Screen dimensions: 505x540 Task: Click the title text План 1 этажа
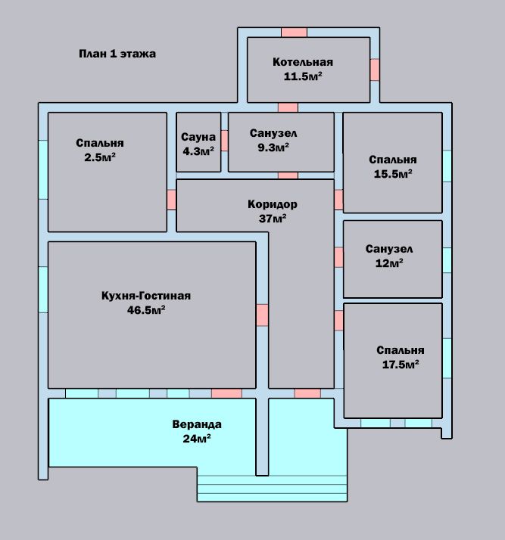coord(117,54)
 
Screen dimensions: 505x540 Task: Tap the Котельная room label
coord(303,62)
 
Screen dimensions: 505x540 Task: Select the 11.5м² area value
coord(303,76)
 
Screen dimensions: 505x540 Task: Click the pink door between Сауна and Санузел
coord(224,141)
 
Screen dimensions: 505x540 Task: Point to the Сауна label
coord(198,137)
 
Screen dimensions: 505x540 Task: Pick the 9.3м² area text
coord(273,147)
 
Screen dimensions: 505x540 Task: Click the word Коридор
coord(273,204)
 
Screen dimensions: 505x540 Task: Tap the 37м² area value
coord(273,219)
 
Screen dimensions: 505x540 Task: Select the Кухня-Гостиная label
coord(146,296)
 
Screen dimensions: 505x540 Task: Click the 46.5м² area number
coord(146,310)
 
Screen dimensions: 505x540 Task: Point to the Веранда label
coord(197,424)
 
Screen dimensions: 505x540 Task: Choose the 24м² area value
coord(197,439)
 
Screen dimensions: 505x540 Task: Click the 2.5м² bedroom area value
coord(100,157)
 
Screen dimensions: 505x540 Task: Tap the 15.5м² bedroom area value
coord(393,174)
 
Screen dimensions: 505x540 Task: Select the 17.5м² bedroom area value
coord(401,365)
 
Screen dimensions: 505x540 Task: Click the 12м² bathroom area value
coord(389,263)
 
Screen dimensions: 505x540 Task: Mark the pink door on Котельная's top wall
coord(294,33)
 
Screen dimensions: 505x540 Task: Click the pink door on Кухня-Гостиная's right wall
coord(262,315)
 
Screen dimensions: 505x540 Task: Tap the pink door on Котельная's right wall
coord(375,70)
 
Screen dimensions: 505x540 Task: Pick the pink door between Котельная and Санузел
coord(288,107)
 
